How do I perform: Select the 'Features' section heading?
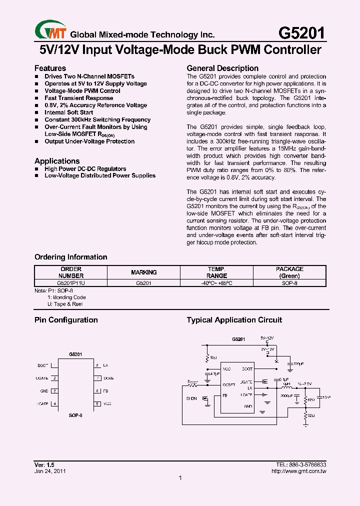click(50, 68)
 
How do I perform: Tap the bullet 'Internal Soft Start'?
click(68, 112)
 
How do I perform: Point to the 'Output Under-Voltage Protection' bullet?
click(89, 141)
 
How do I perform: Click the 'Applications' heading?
click(57, 161)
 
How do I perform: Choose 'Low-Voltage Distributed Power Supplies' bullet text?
click(100, 175)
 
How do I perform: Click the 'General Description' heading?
click(222, 68)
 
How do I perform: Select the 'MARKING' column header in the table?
click(144, 272)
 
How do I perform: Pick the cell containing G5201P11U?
click(71, 282)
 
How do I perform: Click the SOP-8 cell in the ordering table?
click(289, 282)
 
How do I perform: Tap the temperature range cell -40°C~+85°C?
click(216, 282)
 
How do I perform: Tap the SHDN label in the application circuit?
click(191, 398)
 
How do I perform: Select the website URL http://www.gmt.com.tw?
click(298, 471)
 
